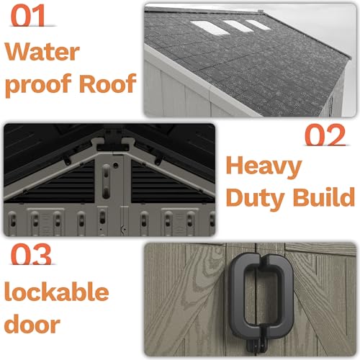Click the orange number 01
(28, 15)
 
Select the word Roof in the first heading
(108, 83)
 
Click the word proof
(38, 86)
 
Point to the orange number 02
(325, 135)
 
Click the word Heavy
(264, 167)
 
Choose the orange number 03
(31, 254)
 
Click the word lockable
(57, 292)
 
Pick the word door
(32, 323)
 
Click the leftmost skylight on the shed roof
(210, 27)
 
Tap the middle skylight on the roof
(238, 26)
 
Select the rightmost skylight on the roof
(258, 25)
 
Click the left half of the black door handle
(242, 296)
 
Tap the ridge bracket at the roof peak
(112, 143)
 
